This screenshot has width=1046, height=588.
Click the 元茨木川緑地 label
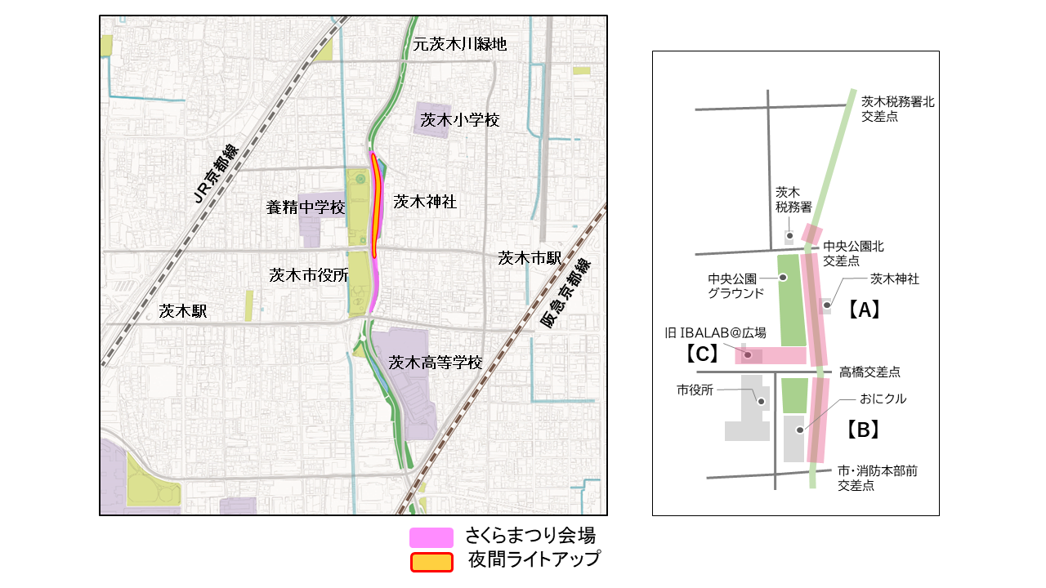coord(460,45)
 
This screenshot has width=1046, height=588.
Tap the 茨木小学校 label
coord(460,120)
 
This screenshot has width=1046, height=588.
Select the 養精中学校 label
coord(306,207)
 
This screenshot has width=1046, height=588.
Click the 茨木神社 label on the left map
coord(425,202)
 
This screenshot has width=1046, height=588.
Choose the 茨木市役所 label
coord(309,275)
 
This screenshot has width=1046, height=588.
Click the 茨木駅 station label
coord(183,311)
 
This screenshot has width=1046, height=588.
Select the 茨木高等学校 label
coord(436,362)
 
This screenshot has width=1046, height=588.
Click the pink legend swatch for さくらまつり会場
coord(431,537)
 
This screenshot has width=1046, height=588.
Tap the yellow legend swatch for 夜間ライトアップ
coord(431,562)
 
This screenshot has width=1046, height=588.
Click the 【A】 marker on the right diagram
coord(862,310)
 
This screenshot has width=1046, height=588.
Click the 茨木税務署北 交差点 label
coord(897,109)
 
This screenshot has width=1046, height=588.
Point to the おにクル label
coord(883,399)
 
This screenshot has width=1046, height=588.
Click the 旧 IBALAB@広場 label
coord(715,332)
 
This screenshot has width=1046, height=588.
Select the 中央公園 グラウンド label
coord(735,285)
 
